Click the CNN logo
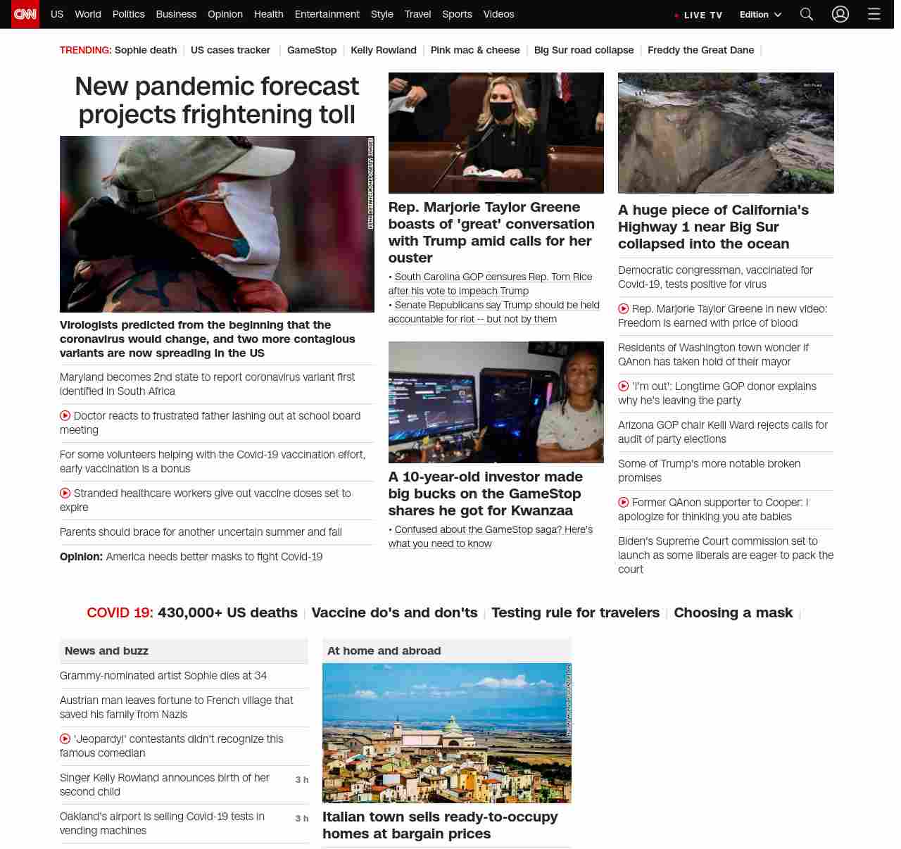point(25,14)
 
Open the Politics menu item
point(128,14)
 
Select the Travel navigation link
point(417,14)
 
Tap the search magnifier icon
point(807,14)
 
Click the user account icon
point(840,14)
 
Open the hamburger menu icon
point(874,14)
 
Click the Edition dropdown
point(760,15)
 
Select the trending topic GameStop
point(311,50)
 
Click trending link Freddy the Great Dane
point(700,50)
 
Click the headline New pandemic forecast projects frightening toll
point(217,100)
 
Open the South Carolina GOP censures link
point(493,277)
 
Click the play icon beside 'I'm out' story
point(623,386)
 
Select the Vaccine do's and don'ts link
point(394,612)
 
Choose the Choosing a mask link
point(733,612)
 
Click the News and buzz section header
point(106,650)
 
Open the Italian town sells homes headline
point(439,825)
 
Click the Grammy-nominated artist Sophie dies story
point(163,675)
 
